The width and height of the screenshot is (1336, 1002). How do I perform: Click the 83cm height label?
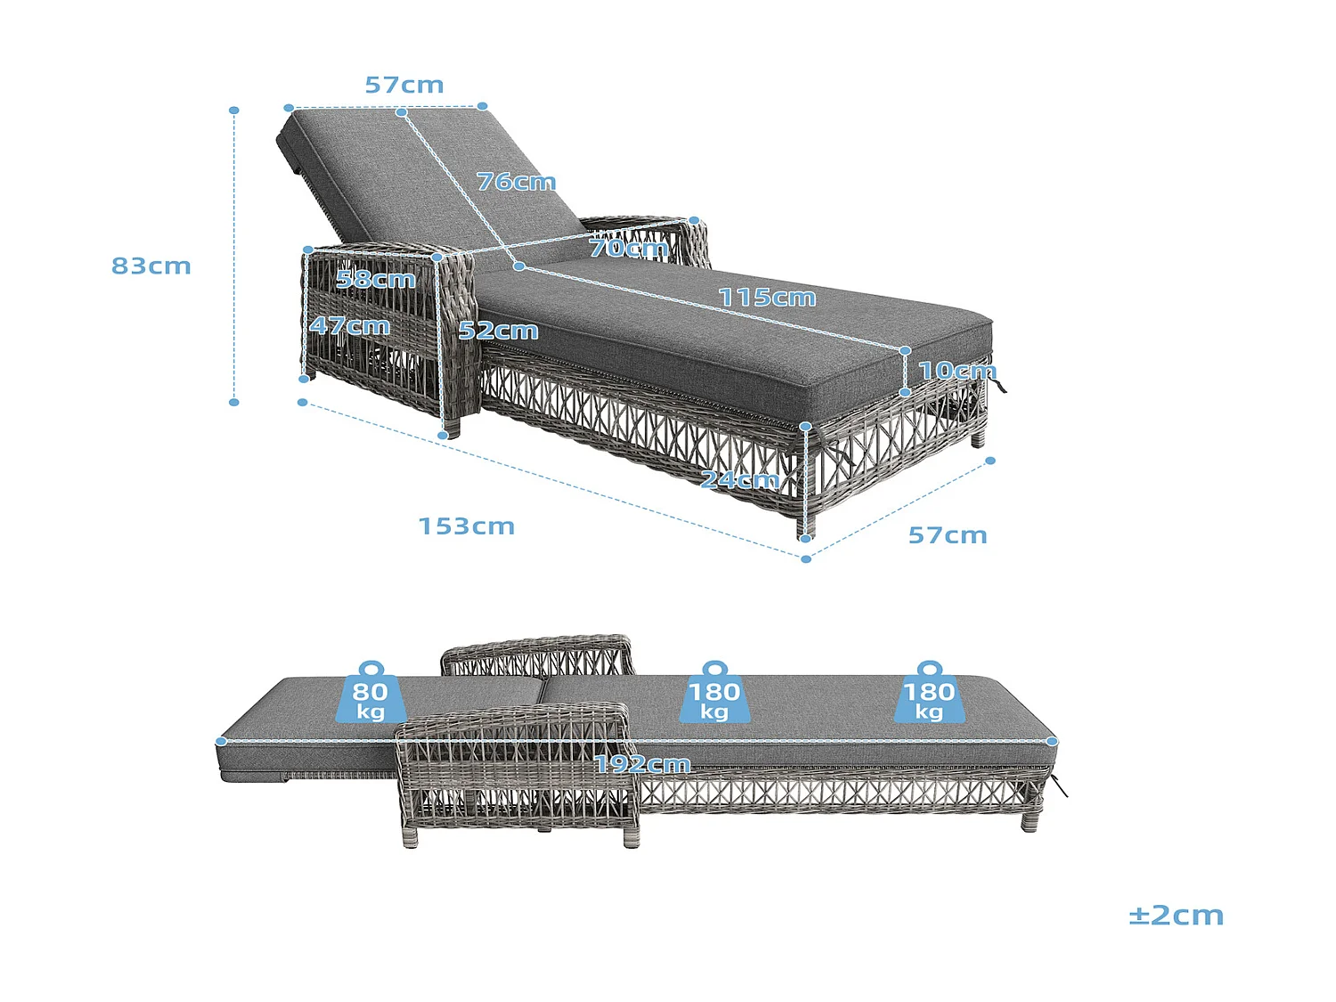[x=151, y=265]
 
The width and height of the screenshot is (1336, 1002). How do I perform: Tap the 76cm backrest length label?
[x=516, y=182]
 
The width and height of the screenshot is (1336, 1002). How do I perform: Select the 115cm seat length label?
[x=767, y=297]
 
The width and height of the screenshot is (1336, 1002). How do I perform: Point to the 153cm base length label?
[x=467, y=526]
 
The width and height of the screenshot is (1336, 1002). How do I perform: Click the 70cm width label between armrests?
[x=629, y=248]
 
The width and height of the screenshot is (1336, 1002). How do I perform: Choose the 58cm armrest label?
[x=376, y=280]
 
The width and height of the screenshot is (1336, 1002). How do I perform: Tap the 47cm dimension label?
[x=349, y=325]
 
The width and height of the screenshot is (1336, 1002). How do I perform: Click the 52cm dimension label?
[x=498, y=330]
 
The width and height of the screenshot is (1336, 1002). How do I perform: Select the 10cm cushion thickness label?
[x=957, y=371]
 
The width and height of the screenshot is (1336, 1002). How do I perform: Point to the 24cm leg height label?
[x=740, y=480]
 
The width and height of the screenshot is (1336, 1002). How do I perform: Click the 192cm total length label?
[x=642, y=764]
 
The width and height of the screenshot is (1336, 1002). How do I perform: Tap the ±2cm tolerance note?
[x=1176, y=916]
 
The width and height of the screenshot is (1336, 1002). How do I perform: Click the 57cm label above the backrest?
[x=404, y=86]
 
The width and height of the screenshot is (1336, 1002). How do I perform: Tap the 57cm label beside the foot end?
[x=947, y=535]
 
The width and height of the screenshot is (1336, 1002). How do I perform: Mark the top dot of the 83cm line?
[x=233, y=110]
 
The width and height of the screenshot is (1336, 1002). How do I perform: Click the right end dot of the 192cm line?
[x=1052, y=741]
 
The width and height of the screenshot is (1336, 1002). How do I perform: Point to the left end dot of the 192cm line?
[x=222, y=741]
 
